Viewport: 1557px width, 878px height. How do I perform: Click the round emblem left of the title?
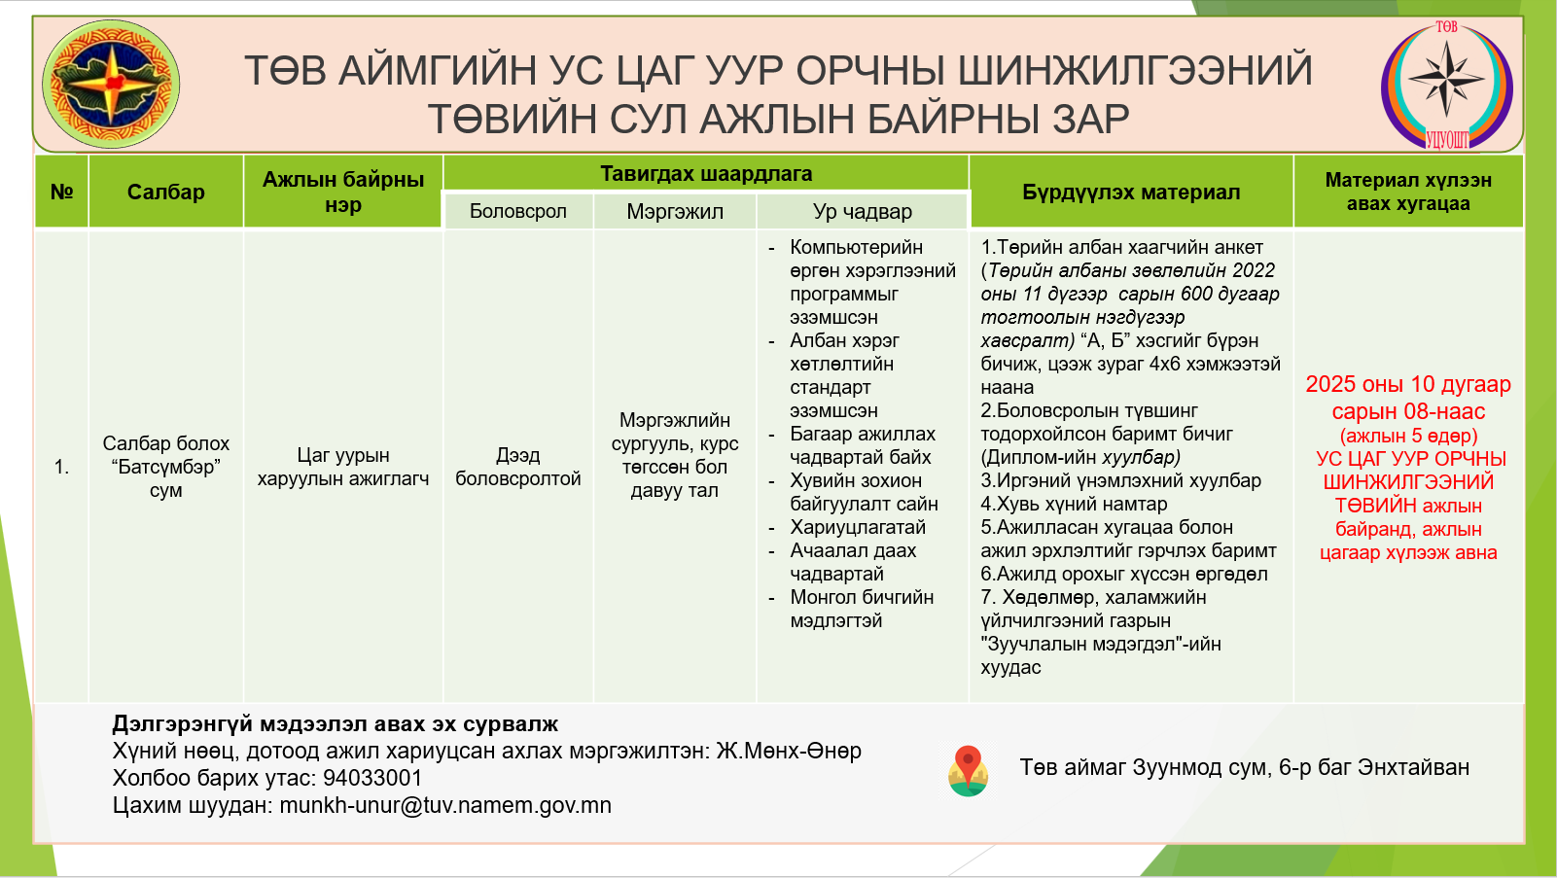[x=111, y=85]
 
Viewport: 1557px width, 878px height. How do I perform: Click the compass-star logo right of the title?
[x=1446, y=86]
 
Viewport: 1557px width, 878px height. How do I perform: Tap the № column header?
[x=62, y=192]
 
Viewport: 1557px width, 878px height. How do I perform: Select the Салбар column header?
[x=165, y=192]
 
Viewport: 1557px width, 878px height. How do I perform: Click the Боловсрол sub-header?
[x=517, y=211]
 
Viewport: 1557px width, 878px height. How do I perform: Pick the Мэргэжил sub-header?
[x=674, y=211]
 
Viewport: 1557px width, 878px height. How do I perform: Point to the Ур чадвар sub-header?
[x=862, y=211]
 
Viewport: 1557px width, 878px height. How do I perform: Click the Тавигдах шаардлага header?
[x=706, y=174]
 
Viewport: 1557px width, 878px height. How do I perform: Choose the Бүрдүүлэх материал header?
[x=1131, y=192]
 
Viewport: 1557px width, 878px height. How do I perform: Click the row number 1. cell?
[x=62, y=467]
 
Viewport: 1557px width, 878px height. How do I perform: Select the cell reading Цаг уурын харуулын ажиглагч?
[x=342, y=467]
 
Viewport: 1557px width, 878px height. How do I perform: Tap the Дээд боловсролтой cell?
[x=517, y=467]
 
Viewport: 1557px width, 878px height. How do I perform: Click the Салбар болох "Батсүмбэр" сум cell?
[x=165, y=467]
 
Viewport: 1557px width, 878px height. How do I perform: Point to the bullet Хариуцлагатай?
[x=858, y=527]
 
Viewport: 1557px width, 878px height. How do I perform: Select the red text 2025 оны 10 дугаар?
[x=1408, y=384]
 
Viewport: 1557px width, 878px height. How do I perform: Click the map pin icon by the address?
[x=968, y=770]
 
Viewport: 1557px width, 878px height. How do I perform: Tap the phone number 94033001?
[x=372, y=778]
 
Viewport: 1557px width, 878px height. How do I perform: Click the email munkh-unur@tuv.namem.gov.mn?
[x=445, y=805]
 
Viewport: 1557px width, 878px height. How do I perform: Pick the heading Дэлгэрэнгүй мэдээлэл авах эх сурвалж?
[x=336, y=723]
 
